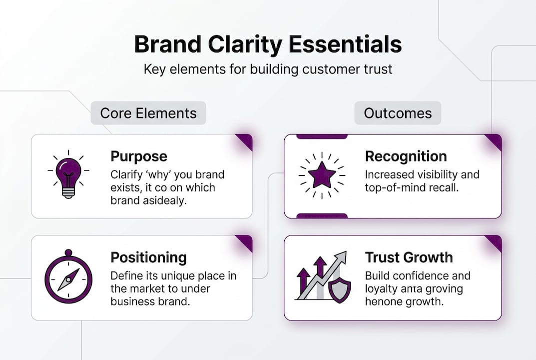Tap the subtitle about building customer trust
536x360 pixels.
(268, 68)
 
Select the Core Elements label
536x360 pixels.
(148, 113)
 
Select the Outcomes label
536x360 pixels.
(398, 113)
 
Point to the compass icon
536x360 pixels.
(68, 278)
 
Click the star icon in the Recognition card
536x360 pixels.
(321, 174)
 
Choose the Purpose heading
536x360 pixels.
(139, 156)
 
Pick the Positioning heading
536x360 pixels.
(148, 257)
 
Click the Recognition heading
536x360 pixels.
(406, 156)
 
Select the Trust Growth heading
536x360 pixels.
(409, 257)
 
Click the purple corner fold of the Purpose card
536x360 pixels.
(245, 141)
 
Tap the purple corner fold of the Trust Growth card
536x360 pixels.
(495, 242)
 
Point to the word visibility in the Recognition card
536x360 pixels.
(439, 174)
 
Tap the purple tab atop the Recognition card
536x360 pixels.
(322, 136)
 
